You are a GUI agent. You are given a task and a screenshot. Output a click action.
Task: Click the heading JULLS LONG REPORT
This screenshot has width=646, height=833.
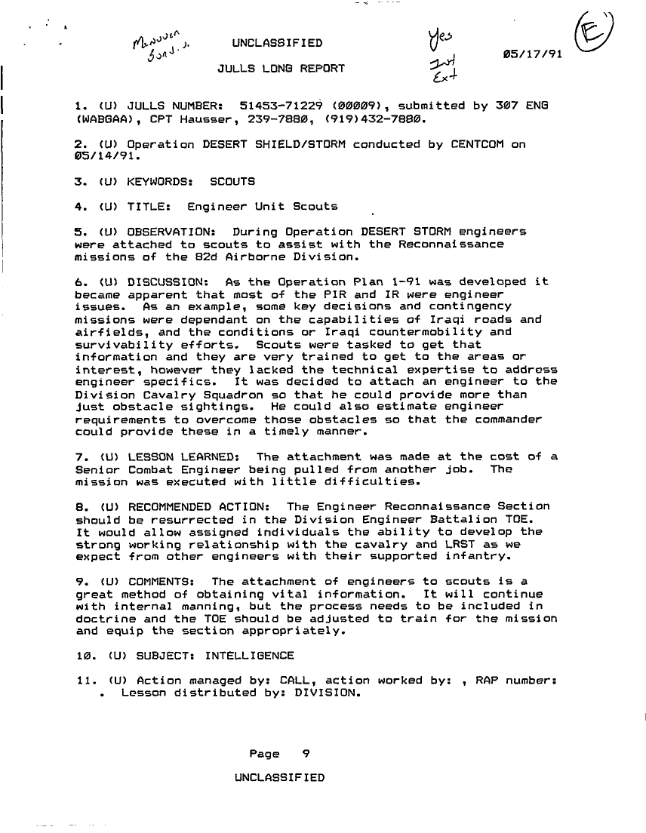pyautogui.click(x=281, y=69)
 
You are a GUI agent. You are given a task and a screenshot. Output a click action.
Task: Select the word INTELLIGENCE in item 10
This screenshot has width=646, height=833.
pyautogui.click(x=239, y=655)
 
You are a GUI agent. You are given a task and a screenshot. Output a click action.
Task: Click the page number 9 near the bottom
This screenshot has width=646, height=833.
pyautogui.click(x=306, y=752)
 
